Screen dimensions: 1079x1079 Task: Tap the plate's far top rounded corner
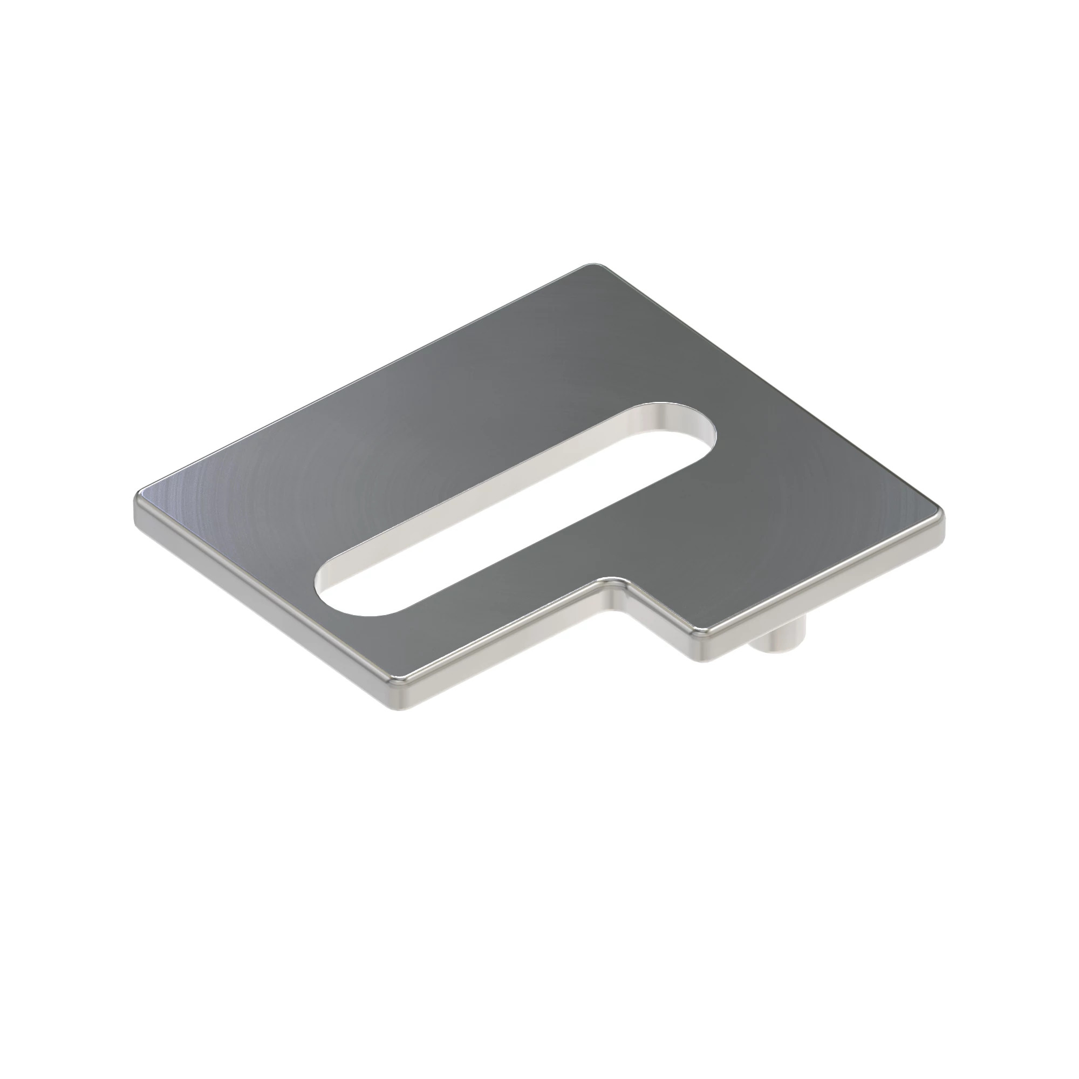pos(594,267)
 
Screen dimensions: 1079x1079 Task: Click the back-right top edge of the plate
pos(771,391)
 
